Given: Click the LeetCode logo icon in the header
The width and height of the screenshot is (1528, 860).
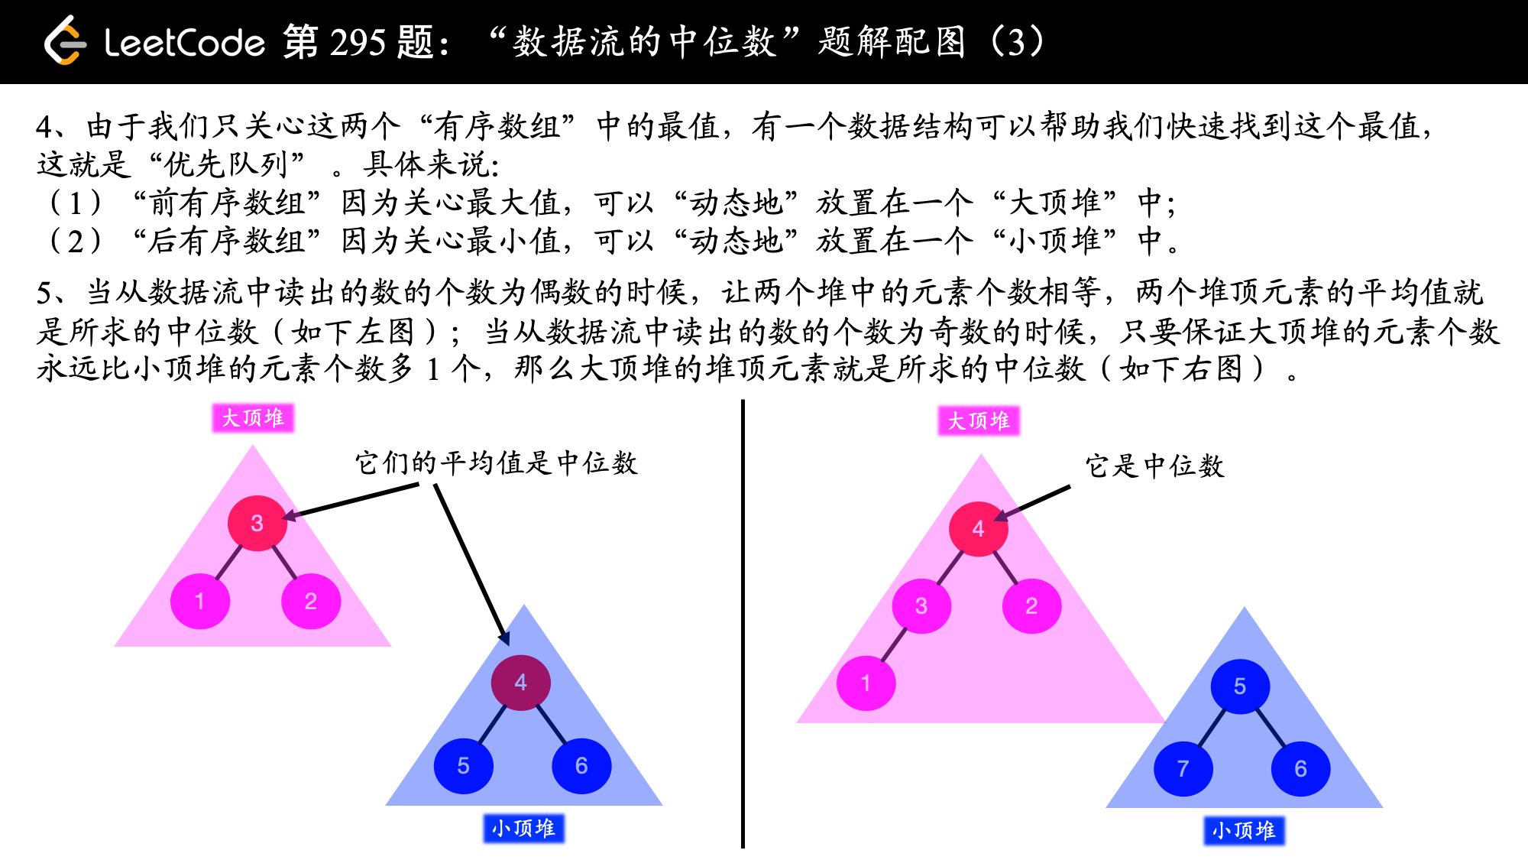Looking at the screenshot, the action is click(x=64, y=41).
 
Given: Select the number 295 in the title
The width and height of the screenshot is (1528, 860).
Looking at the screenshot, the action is click(x=357, y=42).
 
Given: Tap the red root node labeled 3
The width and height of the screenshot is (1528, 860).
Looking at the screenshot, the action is click(x=257, y=524).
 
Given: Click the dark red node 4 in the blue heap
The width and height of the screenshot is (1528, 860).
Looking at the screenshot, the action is click(x=520, y=683).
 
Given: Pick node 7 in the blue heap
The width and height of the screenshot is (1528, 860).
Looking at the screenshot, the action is click(x=1183, y=768).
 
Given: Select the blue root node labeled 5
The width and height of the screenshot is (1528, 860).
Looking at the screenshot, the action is click(x=1239, y=686).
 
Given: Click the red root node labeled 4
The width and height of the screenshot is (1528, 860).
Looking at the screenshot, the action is click(x=978, y=529).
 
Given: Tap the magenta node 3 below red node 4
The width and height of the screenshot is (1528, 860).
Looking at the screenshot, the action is click(x=921, y=606).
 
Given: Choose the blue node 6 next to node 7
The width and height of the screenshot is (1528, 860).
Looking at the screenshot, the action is click(x=1300, y=768).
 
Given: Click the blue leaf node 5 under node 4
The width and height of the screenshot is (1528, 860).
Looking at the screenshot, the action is click(x=463, y=766).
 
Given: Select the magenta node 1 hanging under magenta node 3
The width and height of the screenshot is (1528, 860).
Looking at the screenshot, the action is click(x=866, y=683).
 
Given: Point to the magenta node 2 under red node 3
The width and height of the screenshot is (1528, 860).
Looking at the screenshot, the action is click(x=310, y=602).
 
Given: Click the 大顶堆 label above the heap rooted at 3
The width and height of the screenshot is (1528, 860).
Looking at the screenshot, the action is click(x=253, y=418).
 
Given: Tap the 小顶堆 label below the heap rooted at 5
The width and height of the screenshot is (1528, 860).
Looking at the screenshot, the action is click(x=1244, y=830).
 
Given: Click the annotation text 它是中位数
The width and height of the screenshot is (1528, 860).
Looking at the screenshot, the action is click(x=1154, y=466).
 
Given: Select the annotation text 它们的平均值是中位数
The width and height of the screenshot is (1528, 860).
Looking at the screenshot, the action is click(x=496, y=463).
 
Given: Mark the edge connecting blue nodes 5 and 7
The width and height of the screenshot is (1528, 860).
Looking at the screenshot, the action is click(x=1212, y=728).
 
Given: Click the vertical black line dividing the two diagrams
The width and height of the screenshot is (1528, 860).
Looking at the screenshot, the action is click(x=743, y=623).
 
